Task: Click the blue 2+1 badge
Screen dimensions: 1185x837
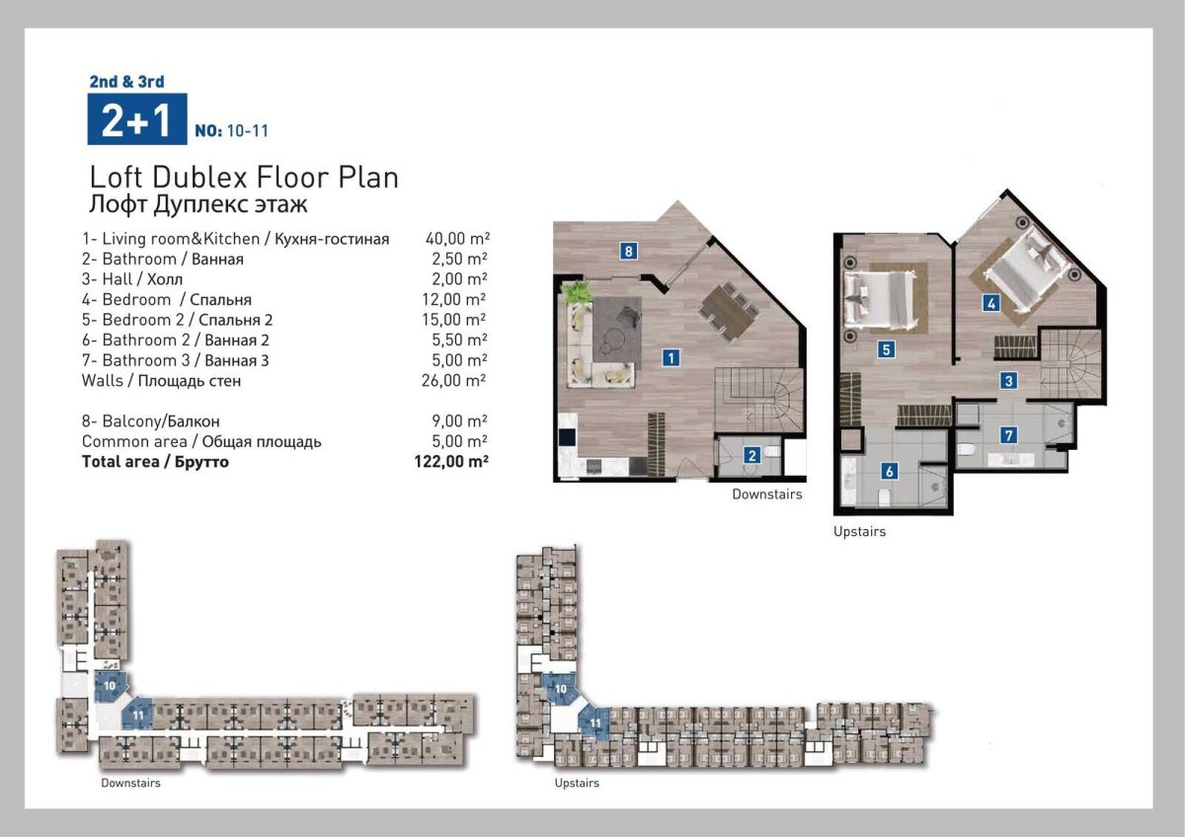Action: (137, 119)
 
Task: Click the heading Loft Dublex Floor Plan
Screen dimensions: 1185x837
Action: (244, 178)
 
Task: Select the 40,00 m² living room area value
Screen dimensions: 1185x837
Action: (457, 239)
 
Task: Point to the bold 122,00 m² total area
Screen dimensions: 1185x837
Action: (451, 462)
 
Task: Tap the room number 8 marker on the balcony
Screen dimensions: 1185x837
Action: (628, 251)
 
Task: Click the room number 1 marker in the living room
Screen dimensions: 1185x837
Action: (671, 358)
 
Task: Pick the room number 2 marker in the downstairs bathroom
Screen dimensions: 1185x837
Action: (751, 455)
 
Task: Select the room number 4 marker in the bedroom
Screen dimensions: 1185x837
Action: (990, 303)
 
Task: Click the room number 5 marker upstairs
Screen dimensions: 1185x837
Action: (886, 349)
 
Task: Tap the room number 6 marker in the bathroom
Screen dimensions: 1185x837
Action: (889, 471)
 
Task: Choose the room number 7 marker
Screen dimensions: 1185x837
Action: (1008, 435)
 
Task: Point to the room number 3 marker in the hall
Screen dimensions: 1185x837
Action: (1008, 381)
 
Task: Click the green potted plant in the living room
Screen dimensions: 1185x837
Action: (576, 292)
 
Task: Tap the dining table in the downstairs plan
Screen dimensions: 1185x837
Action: (728, 313)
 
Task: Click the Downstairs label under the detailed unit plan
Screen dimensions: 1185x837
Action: (767, 495)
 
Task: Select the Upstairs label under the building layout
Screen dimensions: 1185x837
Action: (577, 783)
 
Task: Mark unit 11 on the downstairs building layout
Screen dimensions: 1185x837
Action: (137, 715)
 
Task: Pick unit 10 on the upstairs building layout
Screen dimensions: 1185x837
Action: (560, 688)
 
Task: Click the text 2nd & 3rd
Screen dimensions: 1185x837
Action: (127, 81)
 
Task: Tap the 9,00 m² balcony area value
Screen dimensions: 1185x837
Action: (459, 420)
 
